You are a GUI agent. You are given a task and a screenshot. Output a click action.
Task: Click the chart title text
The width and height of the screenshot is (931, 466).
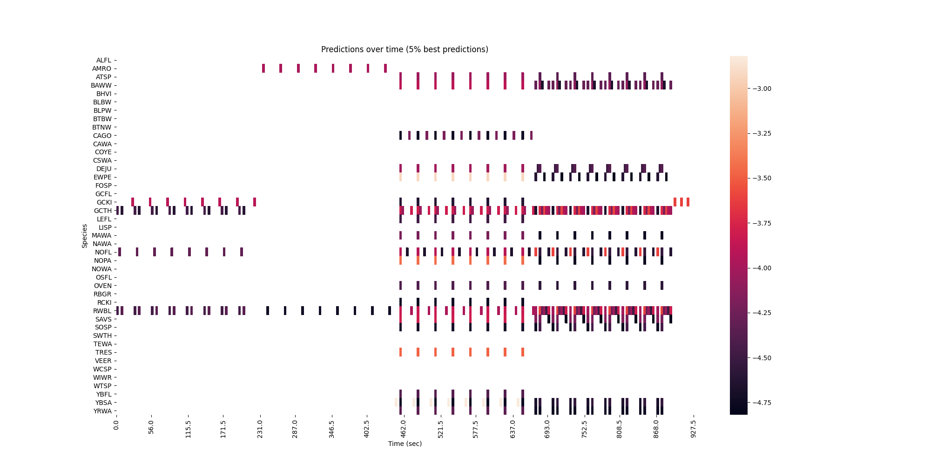tap(405, 49)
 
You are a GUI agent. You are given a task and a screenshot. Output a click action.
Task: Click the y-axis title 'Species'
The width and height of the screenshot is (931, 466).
tap(85, 236)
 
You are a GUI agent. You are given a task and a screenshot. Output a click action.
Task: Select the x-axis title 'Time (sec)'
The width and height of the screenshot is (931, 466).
tap(405, 444)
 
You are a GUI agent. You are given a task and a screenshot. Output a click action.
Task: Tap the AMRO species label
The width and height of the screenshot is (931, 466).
tap(102, 69)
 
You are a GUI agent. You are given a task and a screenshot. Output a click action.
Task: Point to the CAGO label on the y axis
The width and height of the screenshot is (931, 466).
tap(102, 136)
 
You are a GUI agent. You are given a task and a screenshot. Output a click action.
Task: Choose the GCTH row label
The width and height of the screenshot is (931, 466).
tap(103, 211)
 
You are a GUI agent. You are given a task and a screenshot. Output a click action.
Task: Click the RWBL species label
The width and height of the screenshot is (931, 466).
tap(102, 311)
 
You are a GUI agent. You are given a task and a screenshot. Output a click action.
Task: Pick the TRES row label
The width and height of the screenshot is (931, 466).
tap(103, 352)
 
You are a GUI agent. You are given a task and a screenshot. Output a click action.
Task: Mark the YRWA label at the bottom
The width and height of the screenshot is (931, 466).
tap(102, 411)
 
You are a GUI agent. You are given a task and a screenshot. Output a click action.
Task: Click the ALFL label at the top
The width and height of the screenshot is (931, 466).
tap(104, 60)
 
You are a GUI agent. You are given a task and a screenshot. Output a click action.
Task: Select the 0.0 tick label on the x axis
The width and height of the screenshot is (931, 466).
tap(116, 425)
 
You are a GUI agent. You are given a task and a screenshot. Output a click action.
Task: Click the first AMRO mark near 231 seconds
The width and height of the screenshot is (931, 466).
tap(263, 69)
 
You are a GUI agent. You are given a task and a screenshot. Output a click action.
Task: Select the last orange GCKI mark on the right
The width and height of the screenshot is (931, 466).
tap(688, 202)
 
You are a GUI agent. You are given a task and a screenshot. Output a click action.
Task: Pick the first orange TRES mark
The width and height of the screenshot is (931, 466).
tap(400, 352)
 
